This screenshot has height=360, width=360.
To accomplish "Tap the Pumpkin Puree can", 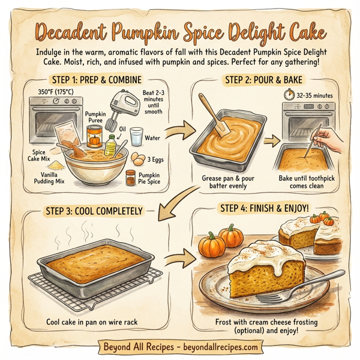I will [94, 138].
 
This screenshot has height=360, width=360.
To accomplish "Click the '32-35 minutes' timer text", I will [310, 95].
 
